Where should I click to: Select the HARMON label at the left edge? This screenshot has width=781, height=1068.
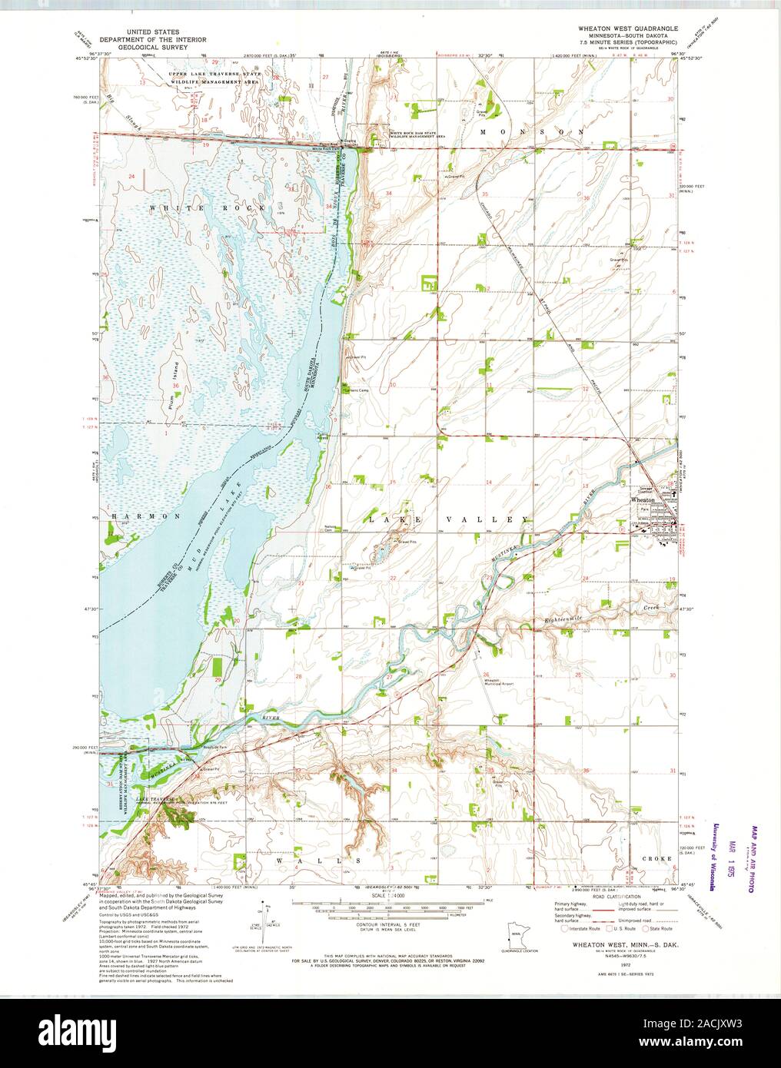[x=135, y=516]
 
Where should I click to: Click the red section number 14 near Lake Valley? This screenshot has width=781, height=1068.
[x=488, y=482]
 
